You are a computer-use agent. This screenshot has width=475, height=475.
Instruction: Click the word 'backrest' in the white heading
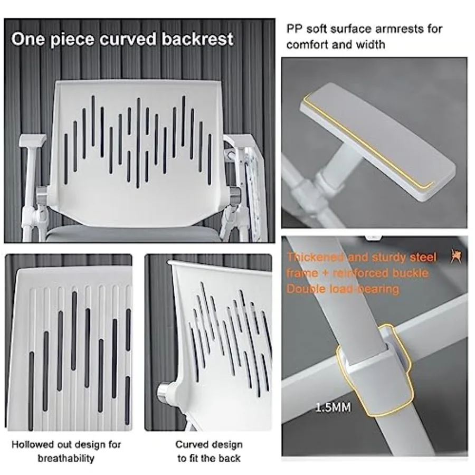[x=197, y=39]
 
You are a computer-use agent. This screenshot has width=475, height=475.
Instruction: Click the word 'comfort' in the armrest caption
[x=306, y=45]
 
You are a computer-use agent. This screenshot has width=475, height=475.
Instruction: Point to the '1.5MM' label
[x=333, y=407]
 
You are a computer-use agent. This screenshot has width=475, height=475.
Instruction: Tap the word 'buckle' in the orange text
[x=411, y=273]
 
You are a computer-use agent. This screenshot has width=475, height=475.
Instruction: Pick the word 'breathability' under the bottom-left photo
[x=66, y=458]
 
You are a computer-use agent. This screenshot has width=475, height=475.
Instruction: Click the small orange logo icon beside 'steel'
[x=455, y=256]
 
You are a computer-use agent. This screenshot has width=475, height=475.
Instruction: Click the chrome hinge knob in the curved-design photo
[x=162, y=393]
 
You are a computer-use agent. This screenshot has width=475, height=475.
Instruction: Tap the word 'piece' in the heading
[x=71, y=40]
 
